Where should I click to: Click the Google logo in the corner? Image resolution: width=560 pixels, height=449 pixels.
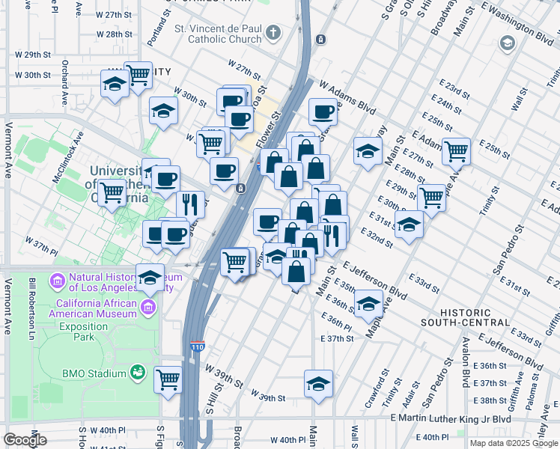[25, 440]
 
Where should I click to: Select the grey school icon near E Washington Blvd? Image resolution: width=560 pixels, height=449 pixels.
[508, 43]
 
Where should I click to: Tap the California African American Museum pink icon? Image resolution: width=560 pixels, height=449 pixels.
[148, 308]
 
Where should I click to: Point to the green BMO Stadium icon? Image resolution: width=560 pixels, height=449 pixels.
[137, 372]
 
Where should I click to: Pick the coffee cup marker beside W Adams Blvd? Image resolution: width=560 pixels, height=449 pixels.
[323, 112]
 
